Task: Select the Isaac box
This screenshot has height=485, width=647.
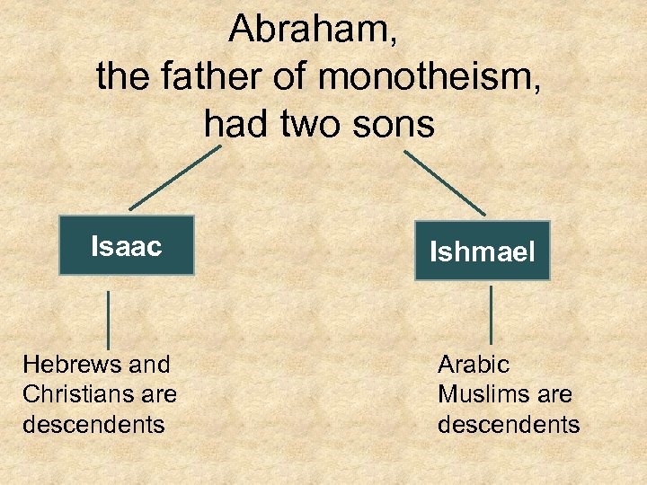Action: click(x=127, y=245)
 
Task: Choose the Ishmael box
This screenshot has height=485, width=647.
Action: click(x=482, y=251)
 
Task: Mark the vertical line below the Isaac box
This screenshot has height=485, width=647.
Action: click(x=109, y=319)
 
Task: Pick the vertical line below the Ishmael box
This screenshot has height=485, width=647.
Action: click(x=491, y=314)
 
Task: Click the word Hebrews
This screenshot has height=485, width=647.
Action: click(x=71, y=365)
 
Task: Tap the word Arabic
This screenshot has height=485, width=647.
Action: click(x=474, y=365)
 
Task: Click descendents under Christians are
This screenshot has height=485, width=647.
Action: click(x=93, y=424)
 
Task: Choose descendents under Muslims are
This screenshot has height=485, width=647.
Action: click(x=509, y=424)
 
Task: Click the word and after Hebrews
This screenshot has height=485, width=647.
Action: click(x=149, y=365)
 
